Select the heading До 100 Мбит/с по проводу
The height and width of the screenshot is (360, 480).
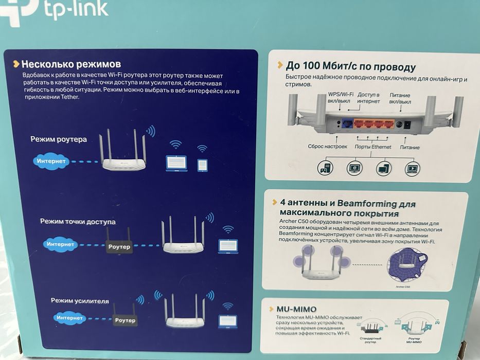[x=351, y=67]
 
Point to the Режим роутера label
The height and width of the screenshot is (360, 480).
[x=59, y=139]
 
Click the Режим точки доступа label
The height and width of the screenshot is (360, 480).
[x=78, y=222]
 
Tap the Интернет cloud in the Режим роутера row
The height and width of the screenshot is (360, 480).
[x=50, y=161]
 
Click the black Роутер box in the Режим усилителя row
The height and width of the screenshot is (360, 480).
[x=125, y=320]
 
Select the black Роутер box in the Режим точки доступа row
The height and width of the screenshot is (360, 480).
[x=119, y=247]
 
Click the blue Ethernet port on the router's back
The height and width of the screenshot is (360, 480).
[x=347, y=124]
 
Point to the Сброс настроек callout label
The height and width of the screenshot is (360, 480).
[x=327, y=147]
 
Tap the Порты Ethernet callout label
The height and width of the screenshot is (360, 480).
[x=374, y=147]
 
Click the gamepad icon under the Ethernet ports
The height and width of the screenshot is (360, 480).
[x=325, y=168]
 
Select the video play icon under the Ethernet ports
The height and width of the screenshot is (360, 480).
[x=413, y=168]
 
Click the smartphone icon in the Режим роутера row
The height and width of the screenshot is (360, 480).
[x=202, y=165]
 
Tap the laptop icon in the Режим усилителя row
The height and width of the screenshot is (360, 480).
[x=227, y=321]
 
